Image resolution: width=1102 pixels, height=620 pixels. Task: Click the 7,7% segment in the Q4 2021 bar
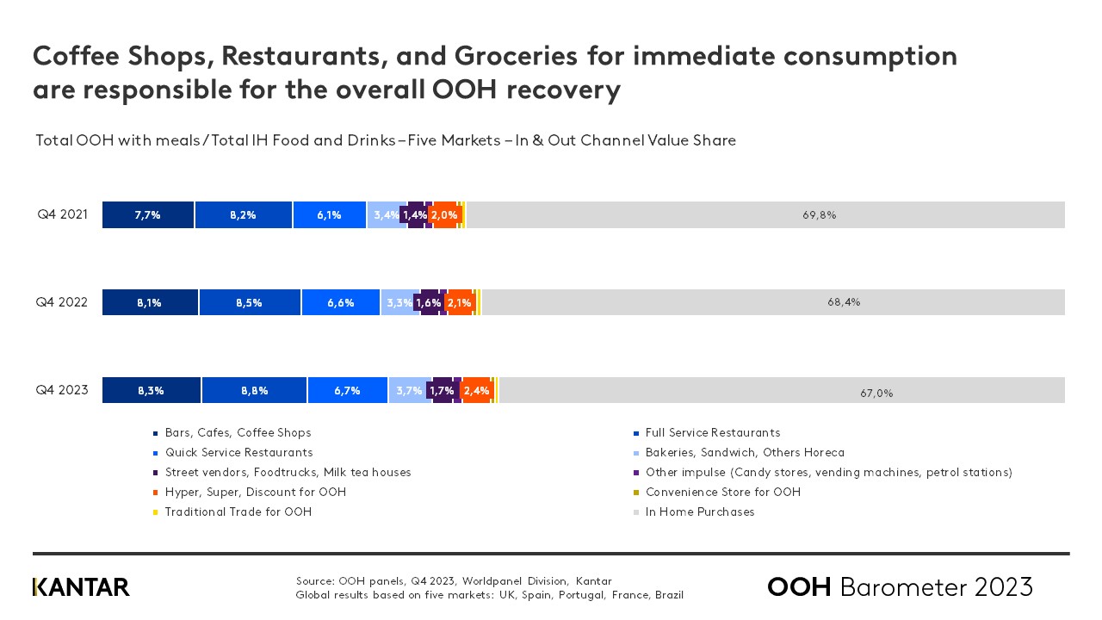click(148, 215)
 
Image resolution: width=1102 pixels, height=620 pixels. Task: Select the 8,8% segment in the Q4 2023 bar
click(254, 390)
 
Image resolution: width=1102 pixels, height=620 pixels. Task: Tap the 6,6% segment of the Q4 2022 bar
click(341, 302)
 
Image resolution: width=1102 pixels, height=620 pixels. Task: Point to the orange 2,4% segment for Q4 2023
click(476, 390)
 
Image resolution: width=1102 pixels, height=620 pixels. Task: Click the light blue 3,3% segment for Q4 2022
click(398, 302)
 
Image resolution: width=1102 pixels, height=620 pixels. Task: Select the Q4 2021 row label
click(62, 215)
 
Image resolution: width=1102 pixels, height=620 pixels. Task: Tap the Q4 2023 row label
click(62, 390)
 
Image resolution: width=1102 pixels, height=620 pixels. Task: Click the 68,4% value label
click(844, 302)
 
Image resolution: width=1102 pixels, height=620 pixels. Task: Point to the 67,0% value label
click(876, 393)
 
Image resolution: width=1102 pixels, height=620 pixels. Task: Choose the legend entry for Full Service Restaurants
click(712, 433)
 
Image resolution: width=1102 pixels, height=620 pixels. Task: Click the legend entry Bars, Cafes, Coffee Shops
click(238, 433)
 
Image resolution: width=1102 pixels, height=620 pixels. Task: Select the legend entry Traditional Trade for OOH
click(238, 512)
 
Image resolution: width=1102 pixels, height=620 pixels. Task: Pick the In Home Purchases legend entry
click(699, 512)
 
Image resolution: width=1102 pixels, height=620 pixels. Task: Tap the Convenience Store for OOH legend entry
click(722, 493)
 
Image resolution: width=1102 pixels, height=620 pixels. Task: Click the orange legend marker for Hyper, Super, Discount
click(156, 493)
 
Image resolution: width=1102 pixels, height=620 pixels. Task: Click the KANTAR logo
click(81, 587)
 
